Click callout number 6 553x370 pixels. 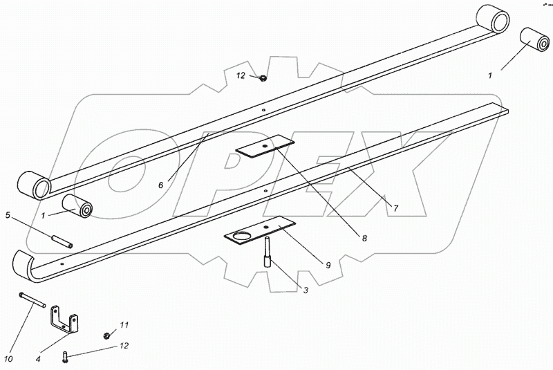coord(160,185)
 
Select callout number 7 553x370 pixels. coord(396,207)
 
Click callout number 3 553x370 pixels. coord(305,290)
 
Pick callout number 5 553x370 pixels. coord(8,215)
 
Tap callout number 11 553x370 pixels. coord(124,324)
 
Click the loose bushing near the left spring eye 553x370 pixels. coord(78,205)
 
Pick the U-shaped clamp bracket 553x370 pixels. coord(64,323)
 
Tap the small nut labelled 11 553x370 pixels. coord(106,335)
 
